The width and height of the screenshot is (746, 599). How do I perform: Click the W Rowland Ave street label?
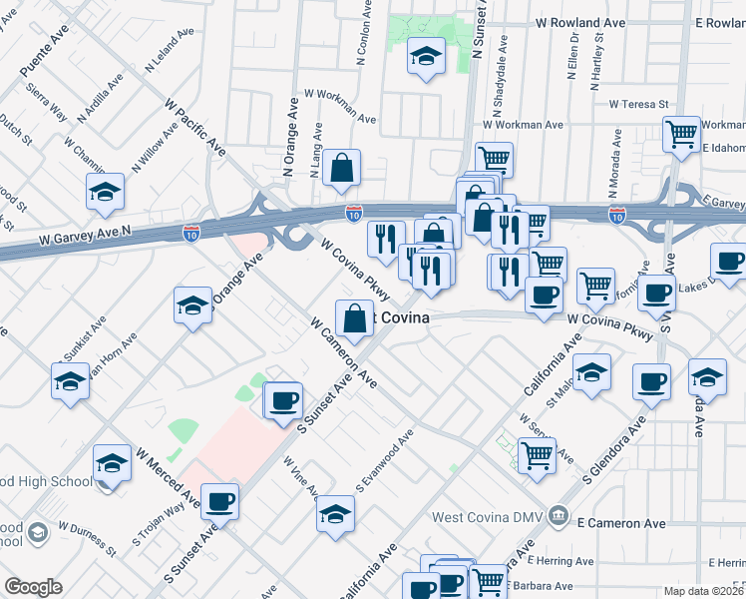pyautogui.click(x=581, y=22)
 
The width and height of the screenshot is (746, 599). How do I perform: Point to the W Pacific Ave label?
pyautogui.click(x=196, y=127)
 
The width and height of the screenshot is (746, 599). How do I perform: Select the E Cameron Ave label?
pyautogui.click(x=620, y=522)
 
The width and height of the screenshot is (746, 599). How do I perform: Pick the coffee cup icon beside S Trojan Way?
pyautogui.click(x=220, y=500)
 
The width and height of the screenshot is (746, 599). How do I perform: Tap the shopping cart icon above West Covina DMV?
pyautogui.click(x=537, y=454)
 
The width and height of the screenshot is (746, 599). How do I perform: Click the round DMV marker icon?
pyautogui.click(x=559, y=518)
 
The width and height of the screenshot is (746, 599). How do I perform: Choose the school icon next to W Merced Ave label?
pyautogui.click(x=112, y=462)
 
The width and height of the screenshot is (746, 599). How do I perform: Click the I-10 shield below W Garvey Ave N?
pyautogui.click(x=191, y=233)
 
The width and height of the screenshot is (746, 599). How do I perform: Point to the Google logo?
pyautogui.click(x=33, y=587)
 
